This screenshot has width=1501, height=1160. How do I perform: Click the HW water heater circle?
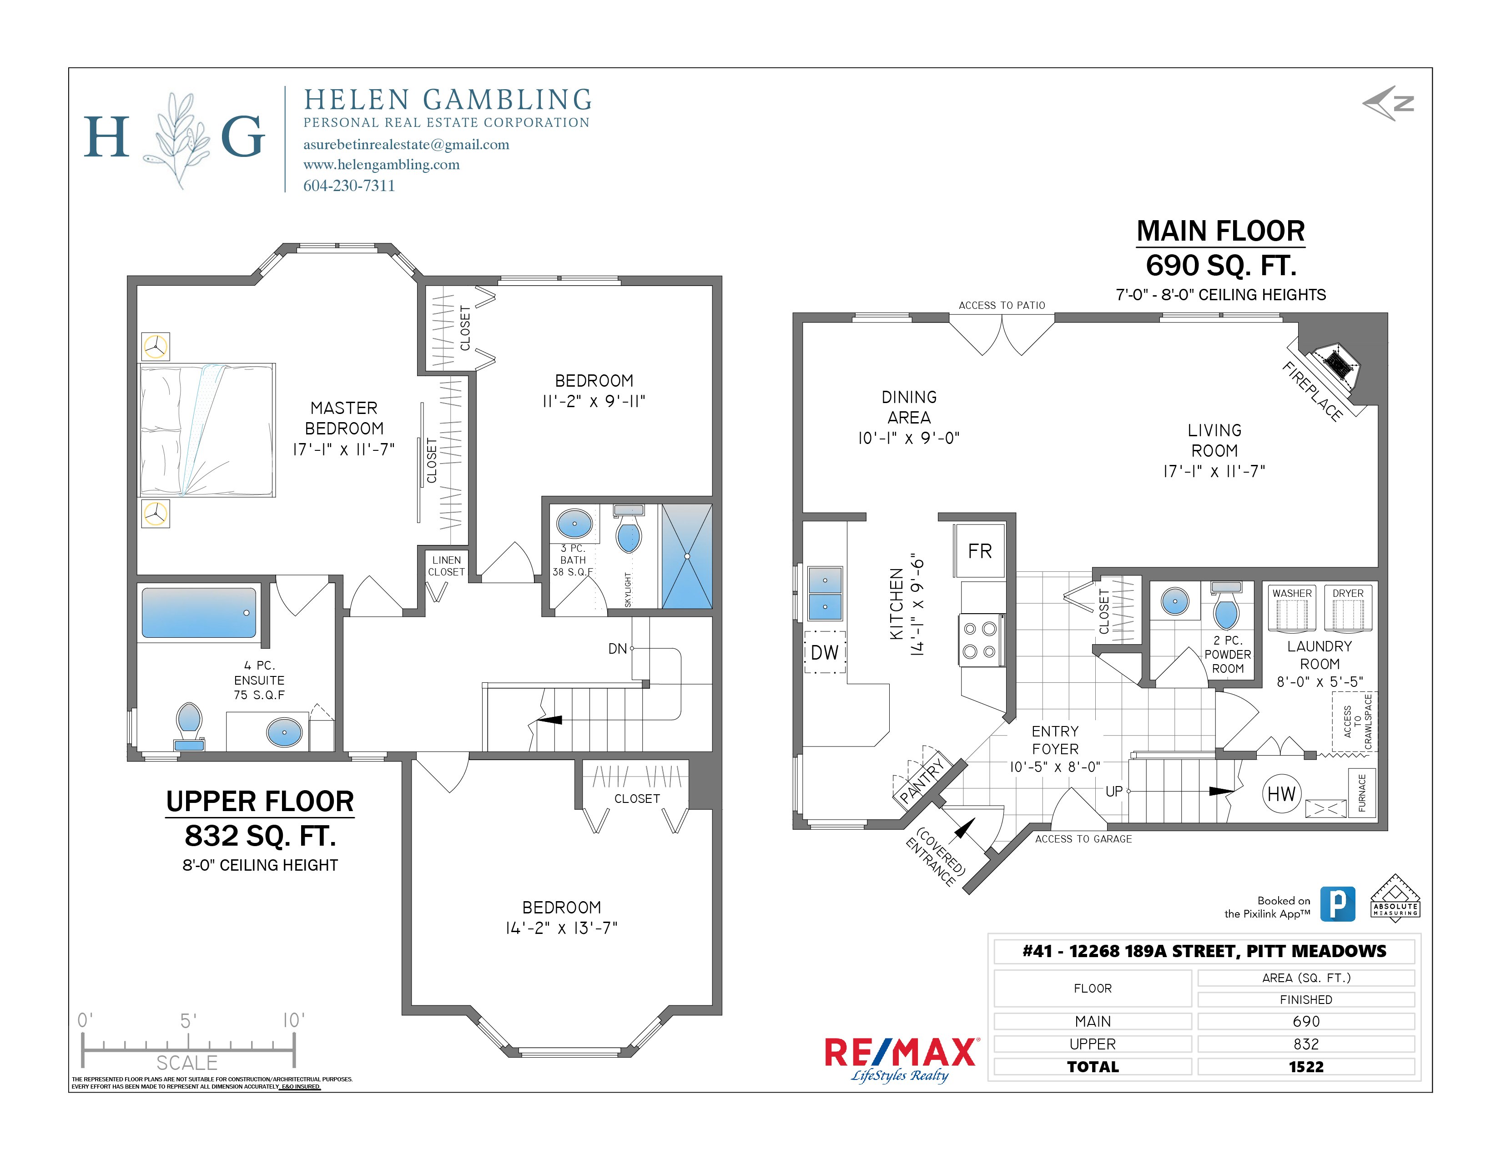click(1281, 794)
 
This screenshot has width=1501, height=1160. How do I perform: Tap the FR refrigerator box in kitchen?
click(979, 550)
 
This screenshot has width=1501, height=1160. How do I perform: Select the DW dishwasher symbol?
click(825, 652)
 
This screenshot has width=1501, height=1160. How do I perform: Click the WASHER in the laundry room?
click(1291, 608)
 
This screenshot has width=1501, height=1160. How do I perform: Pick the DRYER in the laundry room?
click(1348, 608)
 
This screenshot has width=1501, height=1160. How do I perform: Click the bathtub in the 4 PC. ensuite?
click(199, 612)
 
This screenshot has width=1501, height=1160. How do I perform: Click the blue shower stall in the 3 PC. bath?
click(686, 557)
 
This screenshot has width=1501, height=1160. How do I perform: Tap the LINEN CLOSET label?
click(446, 565)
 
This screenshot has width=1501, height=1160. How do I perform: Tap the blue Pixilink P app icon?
click(1337, 904)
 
